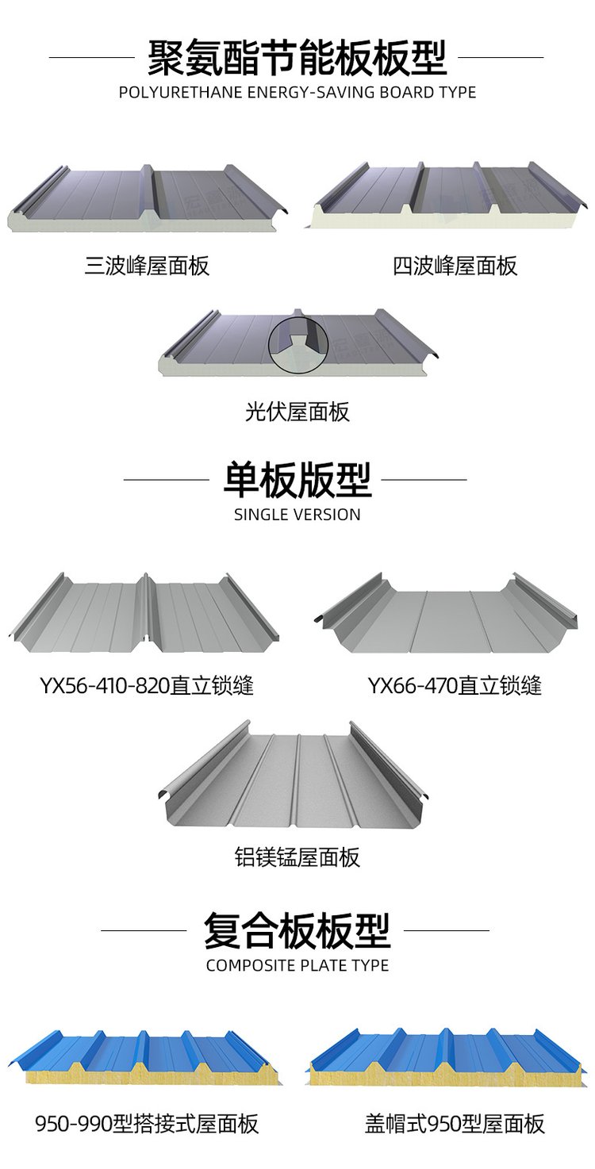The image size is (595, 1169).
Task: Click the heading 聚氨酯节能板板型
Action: pyautogui.click(x=297, y=57)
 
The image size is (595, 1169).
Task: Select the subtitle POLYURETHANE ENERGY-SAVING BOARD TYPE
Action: pyautogui.click(x=297, y=92)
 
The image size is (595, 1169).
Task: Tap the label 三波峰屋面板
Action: pyautogui.click(x=147, y=265)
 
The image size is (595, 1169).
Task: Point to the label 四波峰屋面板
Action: pyautogui.click(x=455, y=265)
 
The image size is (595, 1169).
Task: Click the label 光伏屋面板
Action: pyautogui.click(x=297, y=412)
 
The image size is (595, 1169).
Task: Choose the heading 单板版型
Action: pyautogui.click(x=297, y=479)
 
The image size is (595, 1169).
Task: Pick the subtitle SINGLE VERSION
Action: pyautogui.click(x=297, y=515)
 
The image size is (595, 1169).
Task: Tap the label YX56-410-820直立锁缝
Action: pyautogui.click(x=147, y=685)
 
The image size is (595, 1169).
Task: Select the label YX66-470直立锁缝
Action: pyautogui.click(x=455, y=685)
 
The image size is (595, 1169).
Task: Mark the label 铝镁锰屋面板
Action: pyautogui.click(x=297, y=857)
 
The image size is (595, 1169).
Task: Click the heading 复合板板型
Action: pyautogui.click(x=297, y=930)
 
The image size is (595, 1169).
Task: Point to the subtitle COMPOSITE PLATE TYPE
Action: pyautogui.click(x=297, y=965)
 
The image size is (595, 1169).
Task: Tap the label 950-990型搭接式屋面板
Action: pyautogui.click(x=147, y=1123)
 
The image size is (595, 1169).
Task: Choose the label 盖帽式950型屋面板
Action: pyautogui.click(x=455, y=1123)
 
